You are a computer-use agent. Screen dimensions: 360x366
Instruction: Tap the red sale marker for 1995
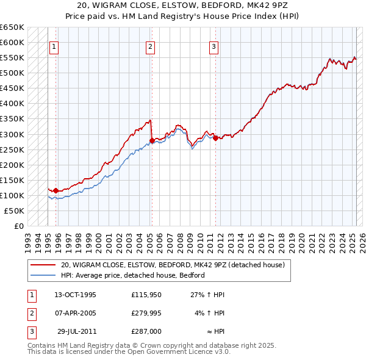click(x=56, y=190)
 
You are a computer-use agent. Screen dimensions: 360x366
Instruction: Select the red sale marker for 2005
click(x=152, y=140)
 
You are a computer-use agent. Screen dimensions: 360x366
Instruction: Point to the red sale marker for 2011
click(x=216, y=138)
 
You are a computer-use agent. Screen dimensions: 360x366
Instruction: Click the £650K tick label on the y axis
click(x=12, y=27)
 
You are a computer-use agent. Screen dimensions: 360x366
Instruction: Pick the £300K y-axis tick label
click(x=12, y=134)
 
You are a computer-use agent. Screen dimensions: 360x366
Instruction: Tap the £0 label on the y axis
click(x=18, y=226)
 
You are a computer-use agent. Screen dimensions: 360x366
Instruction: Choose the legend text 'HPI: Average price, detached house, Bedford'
click(x=132, y=275)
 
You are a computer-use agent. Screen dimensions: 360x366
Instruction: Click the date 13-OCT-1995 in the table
click(x=75, y=295)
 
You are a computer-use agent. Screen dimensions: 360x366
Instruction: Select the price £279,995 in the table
click(x=146, y=313)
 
